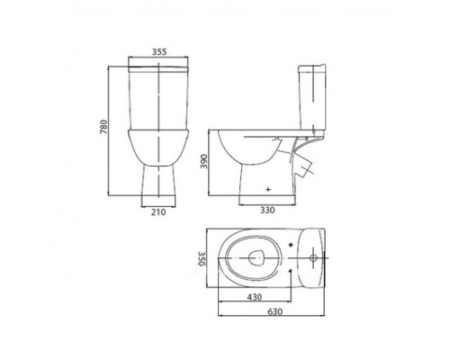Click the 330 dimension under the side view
pyautogui.click(x=267, y=211)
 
